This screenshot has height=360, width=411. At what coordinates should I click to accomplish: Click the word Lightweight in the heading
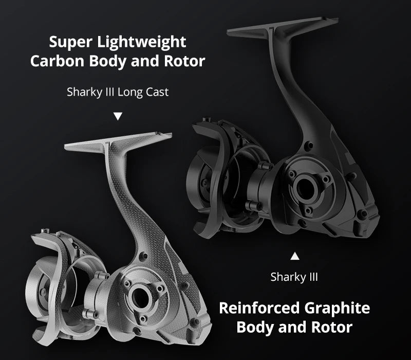(x=142, y=43)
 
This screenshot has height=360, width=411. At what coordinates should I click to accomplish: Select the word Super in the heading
(x=71, y=43)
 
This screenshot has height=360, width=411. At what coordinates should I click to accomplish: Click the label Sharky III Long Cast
(x=118, y=93)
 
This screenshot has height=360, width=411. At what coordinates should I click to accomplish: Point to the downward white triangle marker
(x=118, y=116)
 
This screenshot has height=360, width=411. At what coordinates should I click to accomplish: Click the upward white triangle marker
(x=295, y=256)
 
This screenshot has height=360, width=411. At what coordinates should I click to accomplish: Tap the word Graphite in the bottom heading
(x=337, y=308)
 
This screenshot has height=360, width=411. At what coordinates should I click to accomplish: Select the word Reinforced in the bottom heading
(x=259, y=308)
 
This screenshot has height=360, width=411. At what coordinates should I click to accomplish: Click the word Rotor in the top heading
(x=184, y=61)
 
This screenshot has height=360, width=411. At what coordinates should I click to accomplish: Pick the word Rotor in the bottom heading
(x=332, y=327)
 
